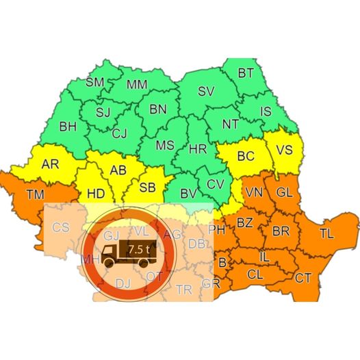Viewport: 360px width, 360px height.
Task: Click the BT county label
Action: point(246,73)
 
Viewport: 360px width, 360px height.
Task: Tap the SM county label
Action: point(95,83)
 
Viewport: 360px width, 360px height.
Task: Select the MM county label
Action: point(137,86)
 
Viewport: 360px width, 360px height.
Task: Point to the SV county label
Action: point(205,91)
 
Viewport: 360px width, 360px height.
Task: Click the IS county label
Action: point(268,110)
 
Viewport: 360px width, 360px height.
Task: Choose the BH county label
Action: point(68,127)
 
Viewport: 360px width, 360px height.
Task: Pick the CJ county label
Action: point(120,133)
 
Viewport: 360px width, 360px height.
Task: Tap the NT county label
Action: point(231,125)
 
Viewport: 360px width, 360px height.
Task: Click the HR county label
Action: point(198,149)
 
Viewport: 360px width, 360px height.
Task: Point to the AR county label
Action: point(50,165)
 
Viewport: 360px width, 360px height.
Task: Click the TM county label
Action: point(35,194)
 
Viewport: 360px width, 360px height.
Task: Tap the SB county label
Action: point(148,187)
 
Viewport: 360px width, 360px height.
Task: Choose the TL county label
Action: point(326,233)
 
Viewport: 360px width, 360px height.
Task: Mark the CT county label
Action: point(303,278)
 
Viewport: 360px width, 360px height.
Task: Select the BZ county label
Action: point(245,222)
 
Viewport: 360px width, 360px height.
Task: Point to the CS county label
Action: point(61,227)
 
